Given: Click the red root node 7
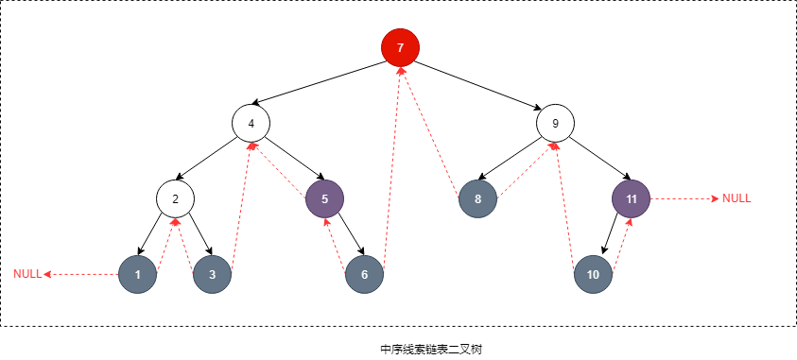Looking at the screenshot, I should (400, 47).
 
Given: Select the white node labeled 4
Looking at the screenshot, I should (251, 123).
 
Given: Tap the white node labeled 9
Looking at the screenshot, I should (555, 123).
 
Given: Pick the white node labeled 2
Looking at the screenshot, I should (175, 198).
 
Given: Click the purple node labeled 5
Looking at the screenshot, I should (324, 198).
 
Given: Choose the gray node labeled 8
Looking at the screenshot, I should (477, 198).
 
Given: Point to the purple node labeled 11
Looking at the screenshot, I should (631, 198).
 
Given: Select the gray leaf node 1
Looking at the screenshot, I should (138, 275).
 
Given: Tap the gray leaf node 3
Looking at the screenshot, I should (212, 275).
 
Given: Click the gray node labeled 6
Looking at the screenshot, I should (364, 275).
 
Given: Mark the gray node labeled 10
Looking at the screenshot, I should (593, 275).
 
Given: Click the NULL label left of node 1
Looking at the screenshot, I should (27, 274).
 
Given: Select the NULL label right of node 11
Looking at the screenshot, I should (736, 198).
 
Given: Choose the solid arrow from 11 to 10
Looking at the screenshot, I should (613, 236).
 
